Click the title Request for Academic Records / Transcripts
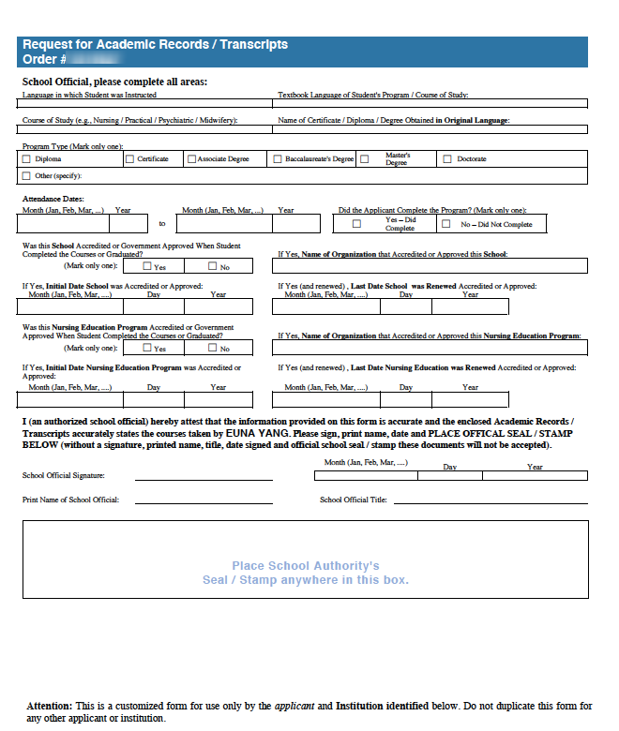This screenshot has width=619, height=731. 155,45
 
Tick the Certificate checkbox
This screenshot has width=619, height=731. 129,159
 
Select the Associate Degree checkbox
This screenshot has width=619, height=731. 191,159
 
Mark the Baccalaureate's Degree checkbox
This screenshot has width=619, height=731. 278,159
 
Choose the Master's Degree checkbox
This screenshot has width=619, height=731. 364,159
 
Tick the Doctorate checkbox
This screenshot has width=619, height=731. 447,159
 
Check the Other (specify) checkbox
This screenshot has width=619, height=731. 26,175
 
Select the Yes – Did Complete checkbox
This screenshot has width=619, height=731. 356,224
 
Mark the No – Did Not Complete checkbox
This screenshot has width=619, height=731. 445,224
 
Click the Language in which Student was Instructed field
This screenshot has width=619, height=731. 144,104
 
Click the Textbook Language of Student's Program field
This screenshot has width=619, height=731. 432,104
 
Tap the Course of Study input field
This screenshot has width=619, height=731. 144,130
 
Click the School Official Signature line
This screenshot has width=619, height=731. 204,477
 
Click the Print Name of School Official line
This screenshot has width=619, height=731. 204,501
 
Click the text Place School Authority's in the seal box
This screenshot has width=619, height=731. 306,566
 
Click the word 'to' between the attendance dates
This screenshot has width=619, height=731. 161,224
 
